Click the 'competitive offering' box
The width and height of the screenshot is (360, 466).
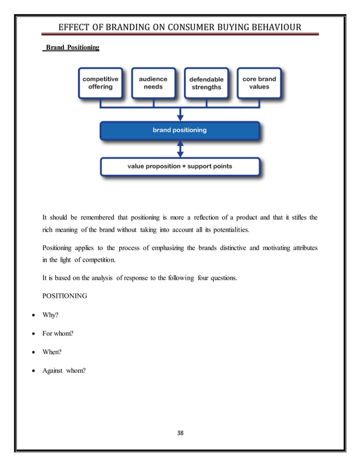click(100, 83)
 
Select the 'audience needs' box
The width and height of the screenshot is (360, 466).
click(153, 83)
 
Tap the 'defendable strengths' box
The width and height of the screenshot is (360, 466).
click(206, 83)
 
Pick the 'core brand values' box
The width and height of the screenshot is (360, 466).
click(259, 83)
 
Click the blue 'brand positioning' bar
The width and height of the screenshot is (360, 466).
click(179, 130)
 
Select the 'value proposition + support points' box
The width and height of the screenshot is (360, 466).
click(179, 166)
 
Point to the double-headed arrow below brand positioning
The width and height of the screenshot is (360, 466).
click(180, 149)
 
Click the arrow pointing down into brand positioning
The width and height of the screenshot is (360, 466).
click(180, 114)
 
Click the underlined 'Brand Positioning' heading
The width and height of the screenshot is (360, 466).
click(72, 48)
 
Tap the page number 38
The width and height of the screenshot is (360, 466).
click(181, 433)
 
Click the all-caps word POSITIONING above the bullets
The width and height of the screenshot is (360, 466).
click(65, 296)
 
